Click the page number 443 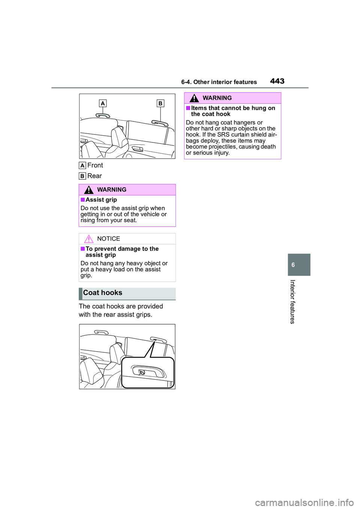tap(277, 81)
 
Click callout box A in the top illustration tap(103, 103)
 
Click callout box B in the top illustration tap(160, 103)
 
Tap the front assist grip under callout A tap(102, 115)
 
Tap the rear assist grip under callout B tap(160, 123)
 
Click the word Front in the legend tap(95, 165)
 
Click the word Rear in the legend tap(94, 176)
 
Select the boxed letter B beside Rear tap(82, 176)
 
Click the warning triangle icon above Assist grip tap(88, 190)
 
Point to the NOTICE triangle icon tap(88, 239)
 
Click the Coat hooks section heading tap(103, 293)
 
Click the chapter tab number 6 tap(293, 265)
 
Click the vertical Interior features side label tap(293, 302)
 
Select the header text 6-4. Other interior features tap(219, 82)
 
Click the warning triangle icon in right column tap(194, 98)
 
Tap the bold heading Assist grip tap(101, 200)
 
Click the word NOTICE tap(108, 239)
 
